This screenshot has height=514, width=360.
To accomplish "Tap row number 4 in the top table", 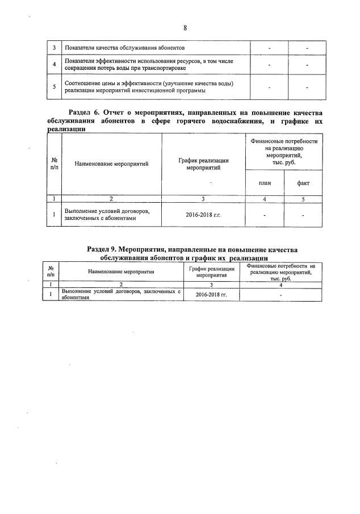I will (54, 65).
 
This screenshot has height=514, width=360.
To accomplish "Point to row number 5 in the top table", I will (54, 87).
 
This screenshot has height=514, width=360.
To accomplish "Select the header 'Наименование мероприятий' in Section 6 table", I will (111, 164).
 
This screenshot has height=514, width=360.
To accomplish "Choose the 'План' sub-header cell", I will (265, 183).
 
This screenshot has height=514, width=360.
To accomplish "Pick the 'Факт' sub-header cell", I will (303, 183).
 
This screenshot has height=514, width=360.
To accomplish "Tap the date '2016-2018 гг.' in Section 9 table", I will (212, 295).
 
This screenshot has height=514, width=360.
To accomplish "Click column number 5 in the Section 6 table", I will (303, 199).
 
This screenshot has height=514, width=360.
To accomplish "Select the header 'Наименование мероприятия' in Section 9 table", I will (122, 271).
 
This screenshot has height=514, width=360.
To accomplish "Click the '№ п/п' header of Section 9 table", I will (51, 271).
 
